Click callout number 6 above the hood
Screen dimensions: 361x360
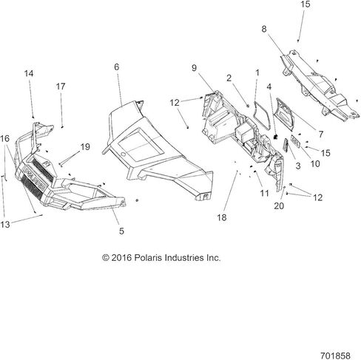(x=117, y=67)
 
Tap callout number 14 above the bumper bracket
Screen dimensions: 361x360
(x=29, y=73)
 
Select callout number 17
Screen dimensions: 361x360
(x=61, y=86)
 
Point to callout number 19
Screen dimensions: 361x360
(x=85, y=147)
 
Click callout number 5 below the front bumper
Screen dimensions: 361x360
(x=121, y=231)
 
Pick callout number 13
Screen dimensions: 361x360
(x=5, y=225)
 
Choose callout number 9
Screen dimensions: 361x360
(x=195, y=68)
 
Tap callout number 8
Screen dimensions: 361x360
(x=264, y=29)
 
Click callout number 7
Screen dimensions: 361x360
(x=320, y=135)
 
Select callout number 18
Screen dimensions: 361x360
(x=222, y=217)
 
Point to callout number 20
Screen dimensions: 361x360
(x=279, y=206)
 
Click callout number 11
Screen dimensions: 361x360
(x=264, y=194)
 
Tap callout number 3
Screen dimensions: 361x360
(x=298, y=166)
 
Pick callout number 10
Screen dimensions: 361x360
(x=315, y=164)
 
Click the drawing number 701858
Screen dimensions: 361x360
(x=335, y=356)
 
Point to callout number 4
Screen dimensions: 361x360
(x=269, y=86)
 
